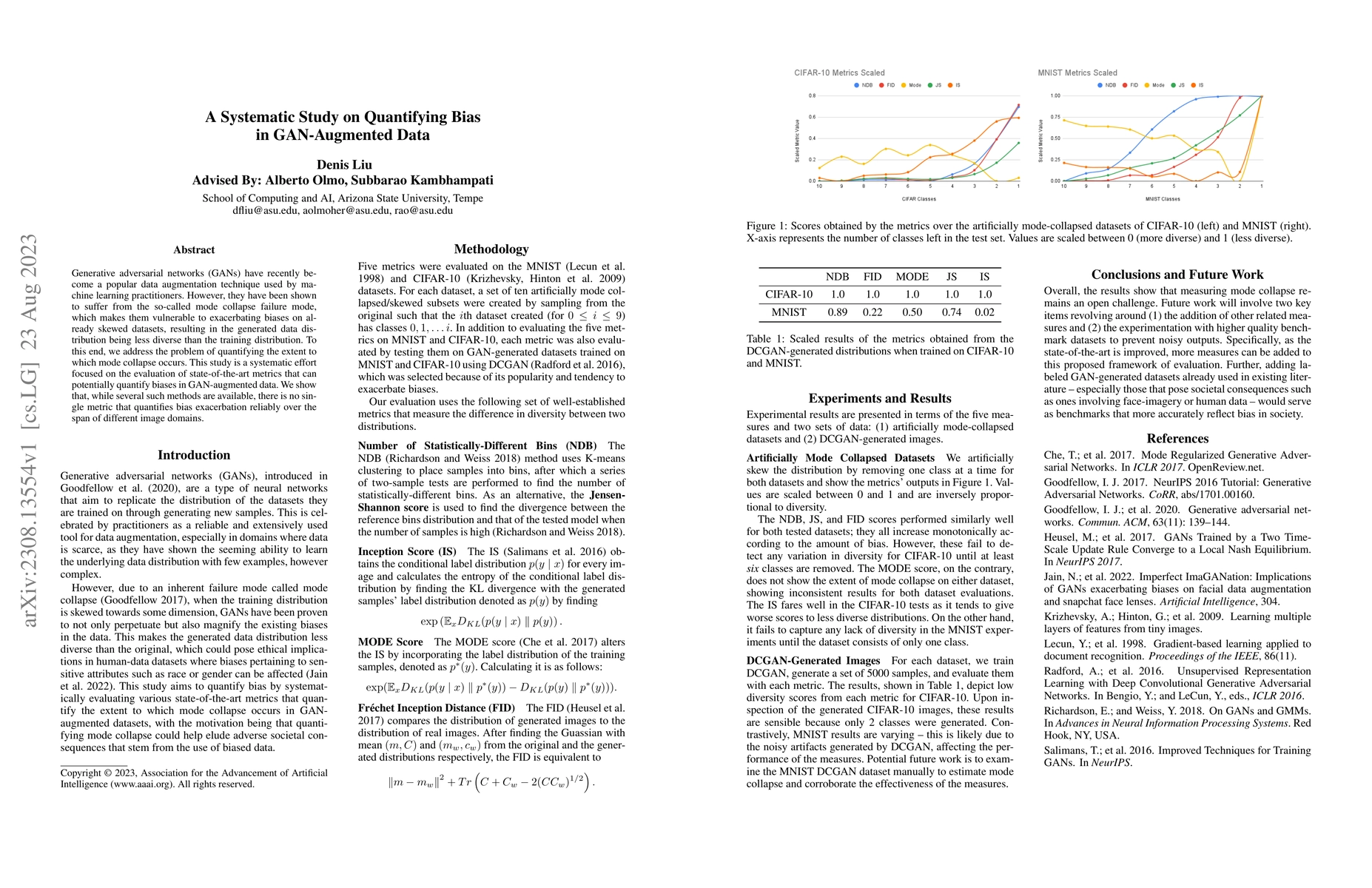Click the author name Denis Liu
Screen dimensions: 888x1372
click(x=344, y=164)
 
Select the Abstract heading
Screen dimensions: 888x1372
click(x=194, y=250)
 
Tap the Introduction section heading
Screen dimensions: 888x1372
click(x=194, y=455)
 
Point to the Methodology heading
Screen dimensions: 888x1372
click(x=491, y=249)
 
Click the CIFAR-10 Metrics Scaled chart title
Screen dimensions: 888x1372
click(x=839, y=73)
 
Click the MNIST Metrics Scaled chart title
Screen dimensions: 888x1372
click(x=1077, y=73)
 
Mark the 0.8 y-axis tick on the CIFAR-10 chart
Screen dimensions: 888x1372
click(x=812, y=95)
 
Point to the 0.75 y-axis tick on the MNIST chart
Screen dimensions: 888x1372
click(x=1055, y=117)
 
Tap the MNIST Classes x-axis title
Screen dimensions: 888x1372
click(x=1163, y=199)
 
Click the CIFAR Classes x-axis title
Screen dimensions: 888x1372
click(x=918, y=199)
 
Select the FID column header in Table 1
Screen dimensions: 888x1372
click(x=872, y=277)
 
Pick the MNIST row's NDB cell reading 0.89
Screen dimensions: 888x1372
click(x=837, y=312)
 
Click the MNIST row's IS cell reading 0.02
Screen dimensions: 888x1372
click(x=984, y=312)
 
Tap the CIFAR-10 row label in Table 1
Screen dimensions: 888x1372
click(x=789, y=295)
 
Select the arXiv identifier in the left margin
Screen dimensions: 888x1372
click(x=30, y=431)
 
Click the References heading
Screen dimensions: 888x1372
click(x=1177, y=439)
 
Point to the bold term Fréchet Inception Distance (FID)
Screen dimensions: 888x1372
click(x=436, y=708)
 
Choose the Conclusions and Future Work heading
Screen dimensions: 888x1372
click(x=1177, y=275)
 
